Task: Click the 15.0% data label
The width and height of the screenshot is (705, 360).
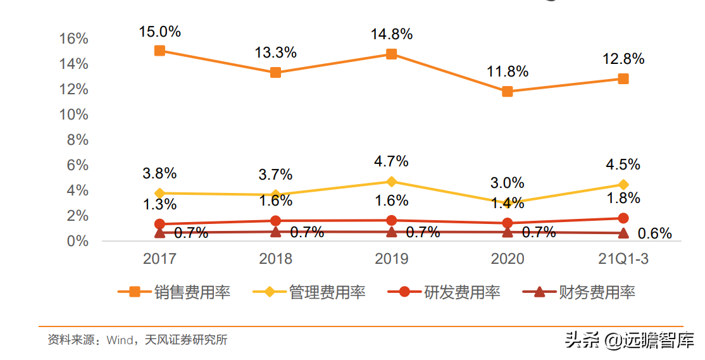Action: (160, 31)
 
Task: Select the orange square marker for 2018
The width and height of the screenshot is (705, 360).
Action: (276, 72)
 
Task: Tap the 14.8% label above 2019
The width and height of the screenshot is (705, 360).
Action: (392, 34)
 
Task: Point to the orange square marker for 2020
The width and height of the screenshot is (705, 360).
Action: (508, 91)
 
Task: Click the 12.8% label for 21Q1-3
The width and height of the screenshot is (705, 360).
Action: (623, 59)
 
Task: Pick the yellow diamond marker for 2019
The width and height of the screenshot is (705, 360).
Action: (392, 182)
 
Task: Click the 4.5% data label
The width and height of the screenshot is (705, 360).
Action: (623, 164)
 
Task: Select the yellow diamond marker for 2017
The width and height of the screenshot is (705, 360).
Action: (160, 193)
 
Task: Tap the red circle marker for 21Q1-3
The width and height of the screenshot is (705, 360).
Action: (623, 218)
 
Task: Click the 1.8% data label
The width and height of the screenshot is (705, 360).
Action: (623, 198)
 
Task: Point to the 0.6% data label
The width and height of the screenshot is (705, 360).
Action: (655, 233)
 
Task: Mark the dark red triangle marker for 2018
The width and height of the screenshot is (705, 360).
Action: (276, 232)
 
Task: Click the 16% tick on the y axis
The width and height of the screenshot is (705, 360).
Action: (73, 39)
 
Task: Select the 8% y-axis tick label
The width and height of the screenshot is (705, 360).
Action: (77, 140)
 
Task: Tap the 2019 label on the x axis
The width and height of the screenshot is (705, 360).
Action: (392, 259)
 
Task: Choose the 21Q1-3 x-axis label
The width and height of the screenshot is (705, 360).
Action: (623, 259)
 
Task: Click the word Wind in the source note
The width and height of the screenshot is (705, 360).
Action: (120, 340)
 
